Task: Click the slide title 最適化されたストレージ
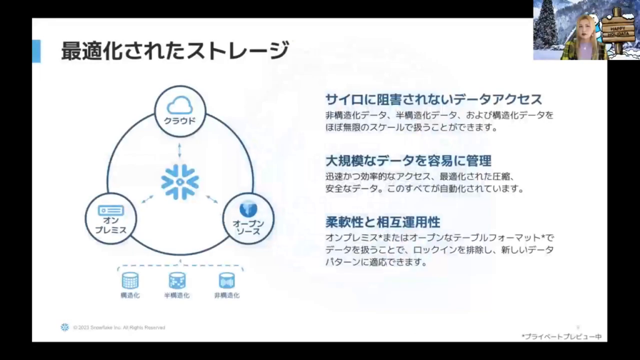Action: (x=175, y=51)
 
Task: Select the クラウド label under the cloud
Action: (x=180, y=121)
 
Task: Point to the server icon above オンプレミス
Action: (x=111, y=211)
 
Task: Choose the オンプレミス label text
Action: (x=111, y=226)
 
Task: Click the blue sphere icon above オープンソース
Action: (x=248, y=207)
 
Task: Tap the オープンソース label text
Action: (x=248, y=227)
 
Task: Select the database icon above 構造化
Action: (x=130, y=280)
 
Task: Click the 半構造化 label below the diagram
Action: (x=177, y=295)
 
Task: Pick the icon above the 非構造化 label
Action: (x=226, y=280)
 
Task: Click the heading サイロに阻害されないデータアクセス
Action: (x=433, y=99)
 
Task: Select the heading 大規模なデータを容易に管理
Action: (x=408, y=160)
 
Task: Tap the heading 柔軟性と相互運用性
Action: (x=382, y=221)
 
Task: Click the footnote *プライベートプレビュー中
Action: (x=561, y=336)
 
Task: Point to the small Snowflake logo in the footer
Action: (x=64, y=327)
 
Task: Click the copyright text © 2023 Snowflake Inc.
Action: (x=119, y=327)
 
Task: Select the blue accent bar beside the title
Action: (x=36, y=51)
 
